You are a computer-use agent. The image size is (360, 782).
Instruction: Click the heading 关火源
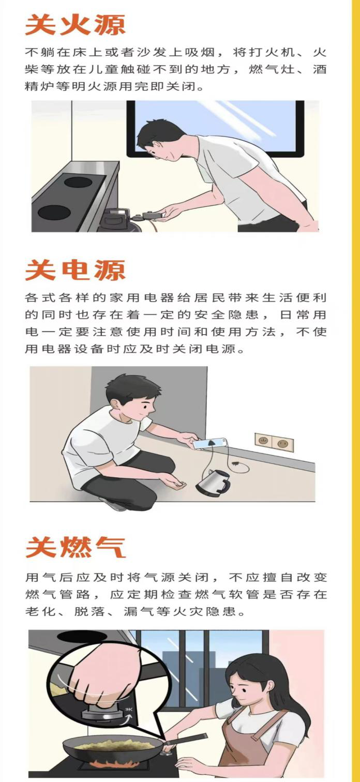click(x=76, y=25)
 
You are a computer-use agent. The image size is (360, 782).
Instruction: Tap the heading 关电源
click(x=76, y=270)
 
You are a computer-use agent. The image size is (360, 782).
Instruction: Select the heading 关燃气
click(x=76, y=547)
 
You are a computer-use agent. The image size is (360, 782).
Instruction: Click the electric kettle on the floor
click(x=213, y=482)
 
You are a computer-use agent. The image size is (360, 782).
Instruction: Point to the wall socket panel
click(x=274, y=442)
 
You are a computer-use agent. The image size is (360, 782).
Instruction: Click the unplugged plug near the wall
click(x=236, y=464)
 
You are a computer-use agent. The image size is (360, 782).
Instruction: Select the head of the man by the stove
click(x=161, y=140)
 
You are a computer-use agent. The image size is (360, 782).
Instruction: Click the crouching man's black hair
click(x=131, y=389)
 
